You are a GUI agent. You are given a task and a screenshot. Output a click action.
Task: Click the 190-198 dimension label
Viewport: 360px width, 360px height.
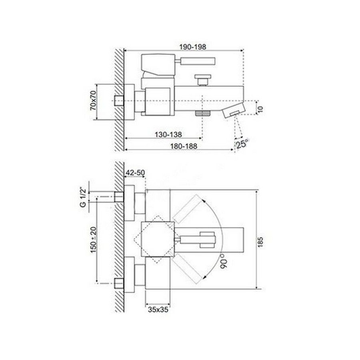tap(193, 47)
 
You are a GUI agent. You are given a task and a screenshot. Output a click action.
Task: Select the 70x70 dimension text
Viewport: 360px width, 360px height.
tap(94, 100)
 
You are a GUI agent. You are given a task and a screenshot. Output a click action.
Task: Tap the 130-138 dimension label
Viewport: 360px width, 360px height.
tap(168, 134)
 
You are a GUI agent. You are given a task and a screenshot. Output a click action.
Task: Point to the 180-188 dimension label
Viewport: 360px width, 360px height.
tap(184, 146)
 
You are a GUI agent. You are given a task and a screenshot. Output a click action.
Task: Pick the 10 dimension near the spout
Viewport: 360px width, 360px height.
tap(260, 109)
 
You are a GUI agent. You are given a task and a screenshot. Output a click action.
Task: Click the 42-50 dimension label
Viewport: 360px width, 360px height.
tap(135, 172)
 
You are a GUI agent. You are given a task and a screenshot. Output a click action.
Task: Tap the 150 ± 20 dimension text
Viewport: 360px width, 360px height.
tap(93, 240)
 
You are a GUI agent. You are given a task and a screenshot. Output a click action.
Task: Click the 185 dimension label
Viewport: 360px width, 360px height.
tap(260, 242)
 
